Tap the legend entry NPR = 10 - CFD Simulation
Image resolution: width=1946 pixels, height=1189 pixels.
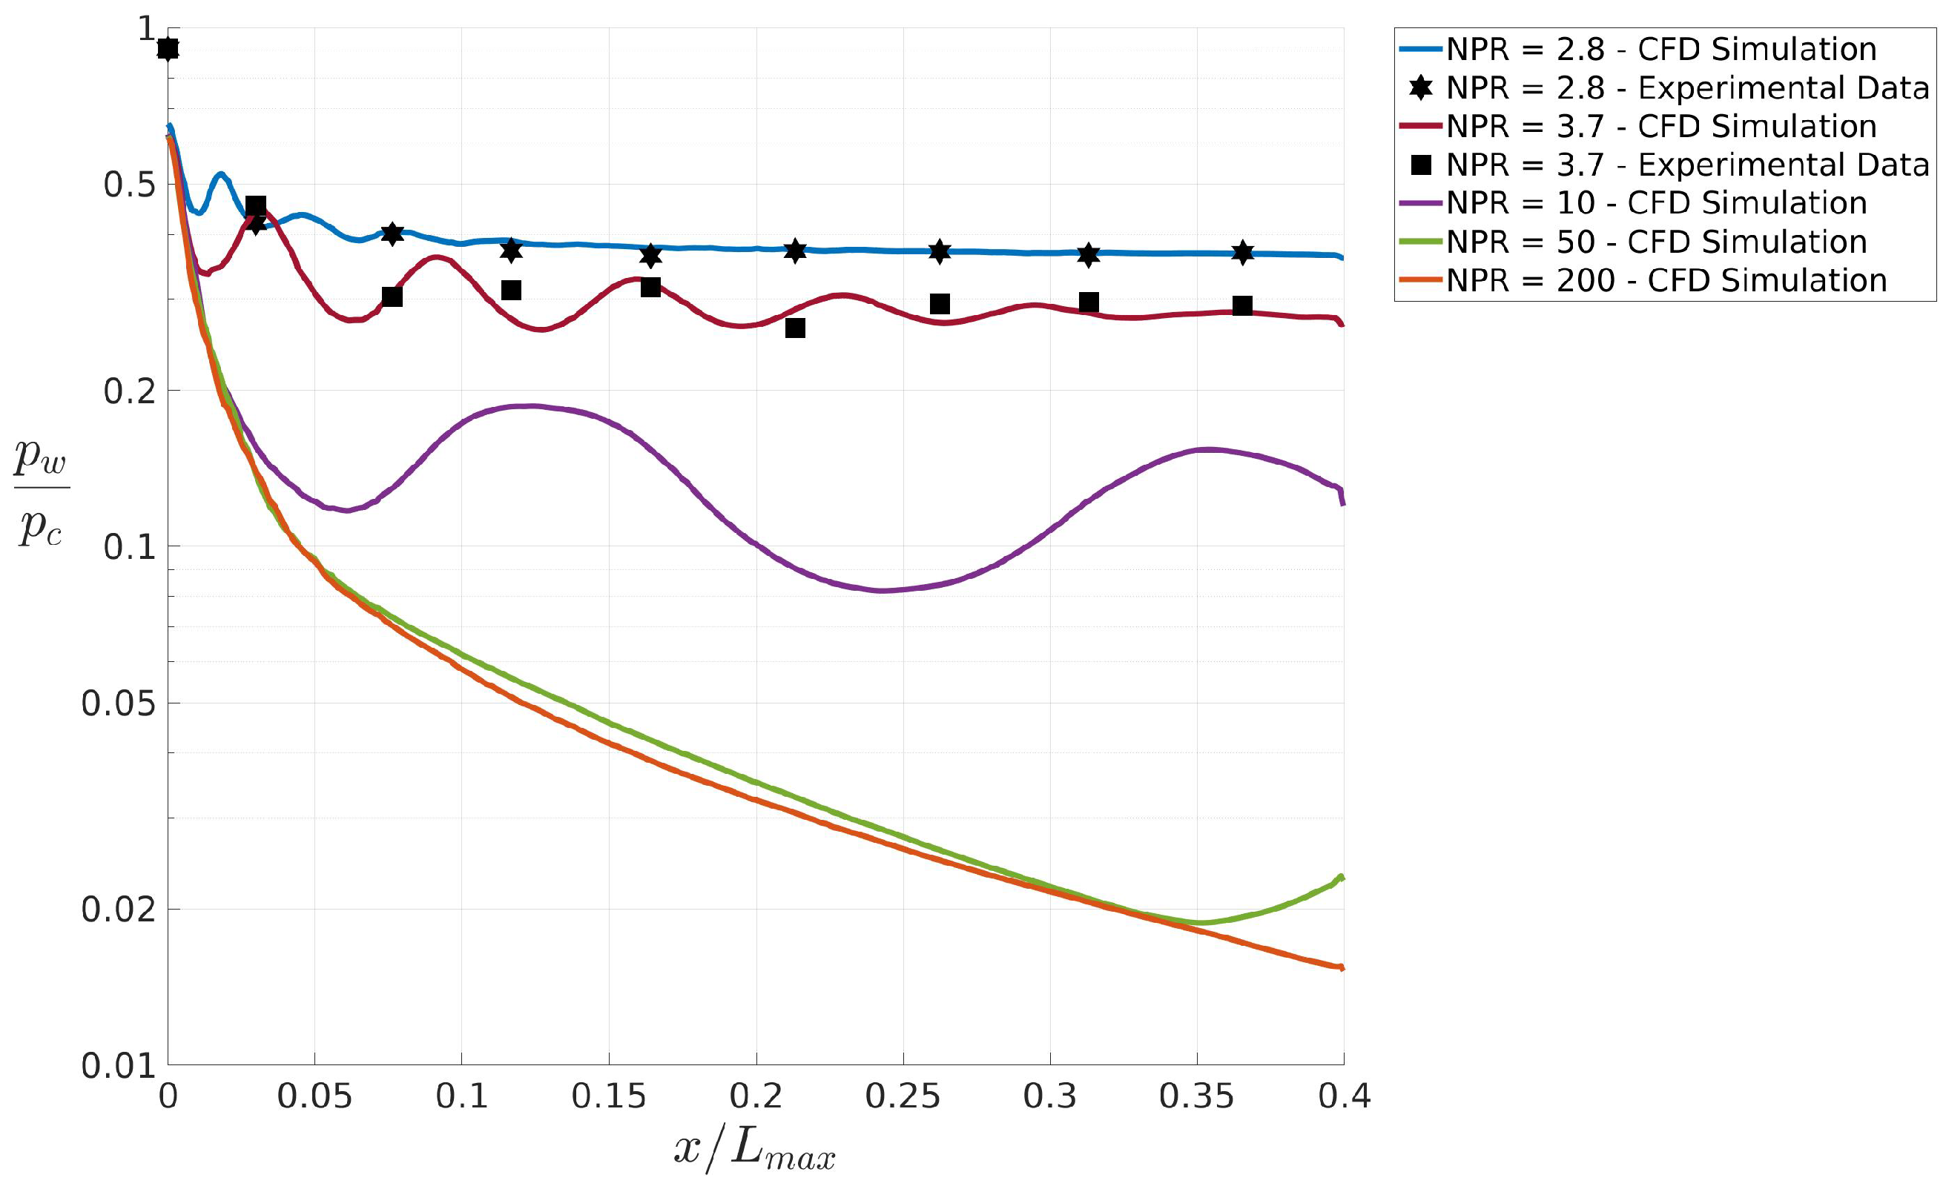pos(1655,203)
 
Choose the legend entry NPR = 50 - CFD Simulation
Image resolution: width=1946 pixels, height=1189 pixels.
pos(1655,242)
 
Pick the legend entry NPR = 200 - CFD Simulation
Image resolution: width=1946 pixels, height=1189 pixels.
pos(1666,280)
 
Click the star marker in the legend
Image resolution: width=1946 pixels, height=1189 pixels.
pos(1420,87)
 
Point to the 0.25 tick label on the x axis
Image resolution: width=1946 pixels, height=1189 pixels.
pos(903,1096)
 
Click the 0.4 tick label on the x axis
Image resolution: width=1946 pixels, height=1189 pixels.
pos(1343,1096)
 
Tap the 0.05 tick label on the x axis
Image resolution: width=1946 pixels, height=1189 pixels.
pos(314,1096)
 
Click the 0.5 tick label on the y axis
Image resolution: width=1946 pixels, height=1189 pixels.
pos(129,185)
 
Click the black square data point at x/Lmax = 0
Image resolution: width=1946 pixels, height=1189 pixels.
pos(168,49)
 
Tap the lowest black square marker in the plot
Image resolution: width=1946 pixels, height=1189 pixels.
pos(795,328)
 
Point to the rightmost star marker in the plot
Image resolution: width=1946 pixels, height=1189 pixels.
pos(1242,253)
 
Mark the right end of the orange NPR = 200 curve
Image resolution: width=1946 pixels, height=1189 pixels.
pos(1341,967)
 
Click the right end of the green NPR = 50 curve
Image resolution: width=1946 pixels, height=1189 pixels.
pos(1341,877)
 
